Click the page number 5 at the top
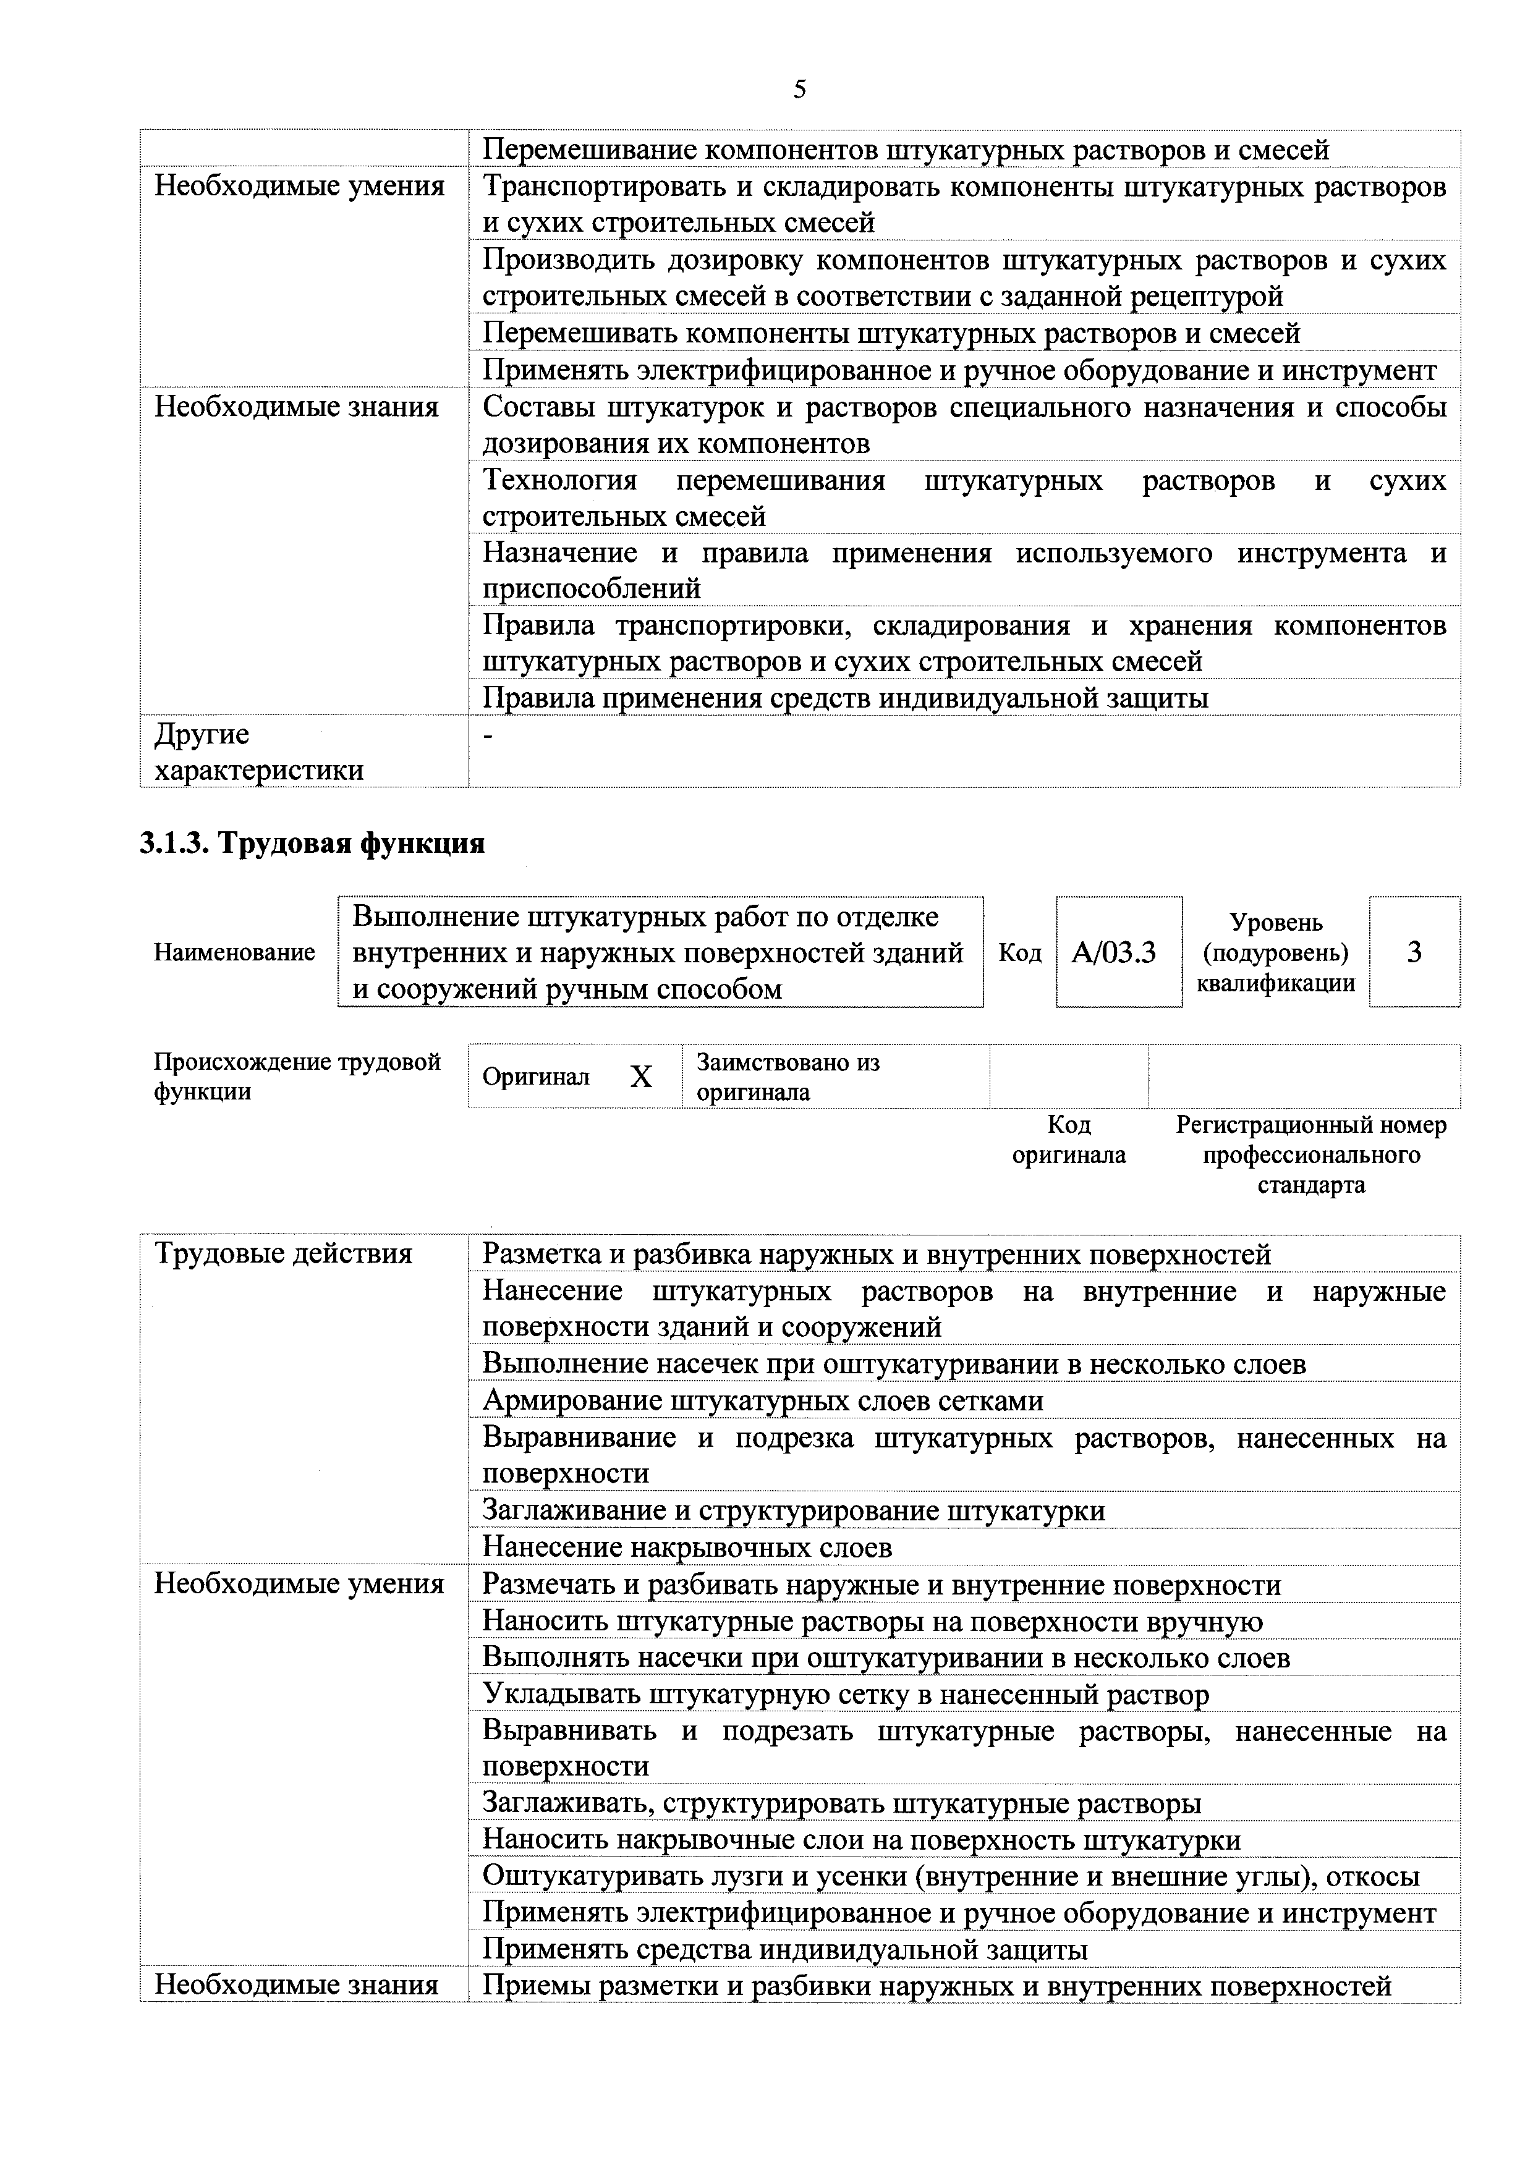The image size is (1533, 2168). click(x=799, y=90)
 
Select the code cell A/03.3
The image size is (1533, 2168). click(x=1114, y=952)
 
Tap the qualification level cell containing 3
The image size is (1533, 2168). click(x=1413, y=952)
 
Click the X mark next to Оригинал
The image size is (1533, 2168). click(x=642, y=1077)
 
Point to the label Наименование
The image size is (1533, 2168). click(x=234, y=952)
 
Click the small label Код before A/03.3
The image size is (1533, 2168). click(x=1019, y=952)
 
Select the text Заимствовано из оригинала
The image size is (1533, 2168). click(x=787, y=1077)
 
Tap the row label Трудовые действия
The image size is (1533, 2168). click(x=283, y=1254)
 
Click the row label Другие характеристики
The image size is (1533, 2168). click(x=259, y=752)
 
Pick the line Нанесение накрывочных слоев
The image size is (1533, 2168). click(x=687, y=1547)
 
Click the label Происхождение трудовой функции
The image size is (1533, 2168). click(x=297, y=1077)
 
